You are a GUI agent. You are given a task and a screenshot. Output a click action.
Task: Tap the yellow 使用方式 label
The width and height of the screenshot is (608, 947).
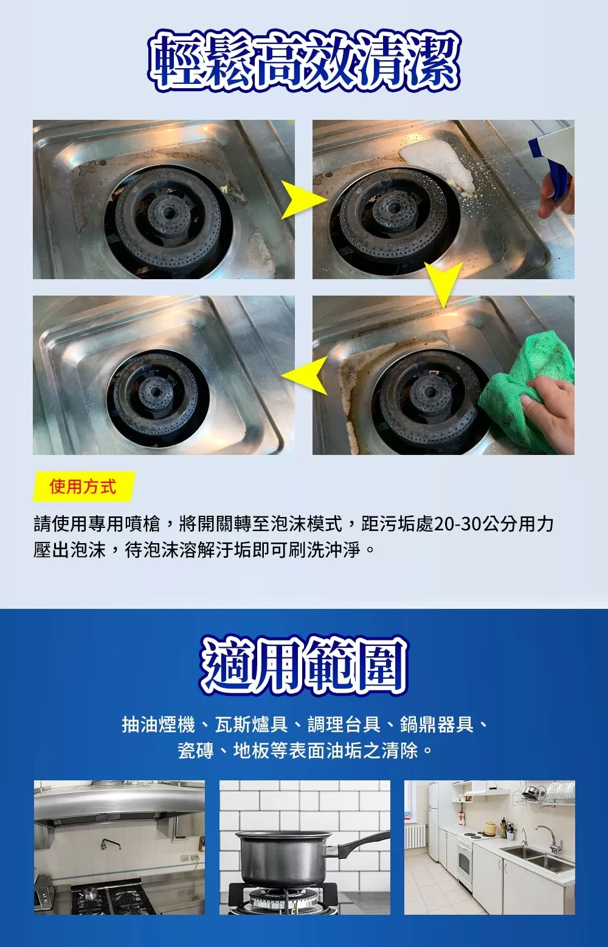[84, 486]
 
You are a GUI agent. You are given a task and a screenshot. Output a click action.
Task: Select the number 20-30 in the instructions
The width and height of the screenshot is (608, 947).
[457, 524]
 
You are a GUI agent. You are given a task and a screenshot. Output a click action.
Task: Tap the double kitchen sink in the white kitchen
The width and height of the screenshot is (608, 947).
[537, 855]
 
